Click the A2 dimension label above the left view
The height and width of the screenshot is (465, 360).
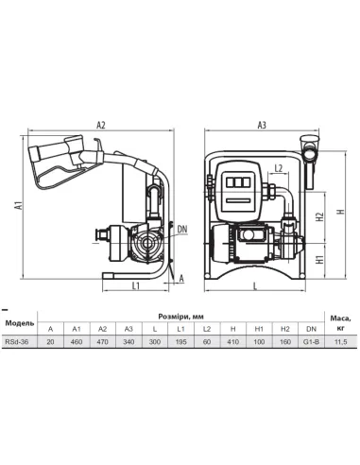(101, 125)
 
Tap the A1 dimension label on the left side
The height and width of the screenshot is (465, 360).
(20, 205)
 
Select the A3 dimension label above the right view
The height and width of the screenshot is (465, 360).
(262, 125)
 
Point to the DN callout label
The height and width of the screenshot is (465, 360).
(182, 229)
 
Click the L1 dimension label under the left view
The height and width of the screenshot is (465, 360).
(136, 285)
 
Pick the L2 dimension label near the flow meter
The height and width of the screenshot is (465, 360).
(279, 168)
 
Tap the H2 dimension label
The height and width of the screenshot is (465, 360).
(320, 216)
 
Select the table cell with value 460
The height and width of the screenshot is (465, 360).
(77, 342)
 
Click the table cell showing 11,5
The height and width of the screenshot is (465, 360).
(341, 342)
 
